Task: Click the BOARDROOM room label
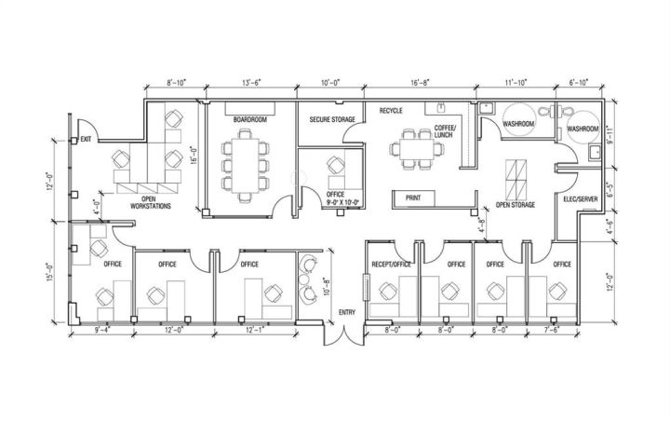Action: tap(250, 120)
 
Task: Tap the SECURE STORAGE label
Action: tap(332, 120)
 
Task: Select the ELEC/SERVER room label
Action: tap(581, 199)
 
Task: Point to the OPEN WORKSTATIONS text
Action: tap(151, 203)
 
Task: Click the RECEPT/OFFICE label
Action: tap(392, 265)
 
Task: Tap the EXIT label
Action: tap(86, 140)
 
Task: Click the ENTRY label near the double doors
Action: tap(347, 313)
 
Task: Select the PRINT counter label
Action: tap(413, 198)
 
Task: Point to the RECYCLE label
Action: tap(391, 111)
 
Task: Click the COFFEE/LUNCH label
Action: tap(446, 131)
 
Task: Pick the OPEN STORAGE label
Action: tap(516, 205)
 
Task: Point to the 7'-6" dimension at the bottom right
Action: tap(552, 330)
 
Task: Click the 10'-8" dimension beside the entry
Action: tap(327, 287)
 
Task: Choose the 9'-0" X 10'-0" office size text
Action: tap(343, 202)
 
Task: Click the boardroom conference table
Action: tap(245, 166)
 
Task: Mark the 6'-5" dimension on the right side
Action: tap(610, 189)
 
